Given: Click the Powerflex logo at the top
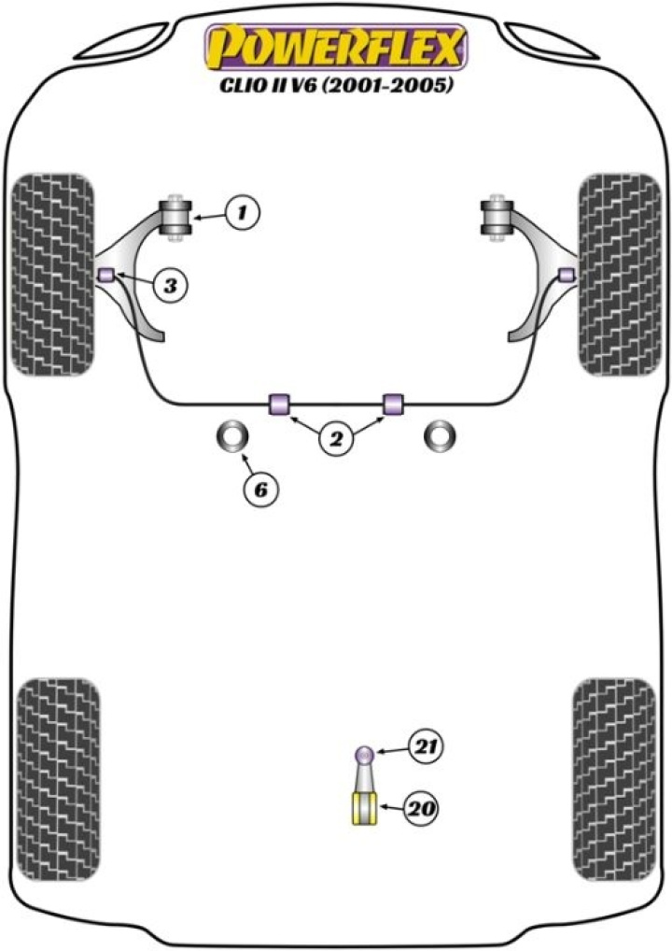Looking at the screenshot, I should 337,48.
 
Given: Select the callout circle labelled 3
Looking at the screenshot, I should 169,286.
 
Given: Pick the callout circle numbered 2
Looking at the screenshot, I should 337,437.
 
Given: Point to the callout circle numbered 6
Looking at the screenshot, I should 261,489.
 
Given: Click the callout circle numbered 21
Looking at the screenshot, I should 427,746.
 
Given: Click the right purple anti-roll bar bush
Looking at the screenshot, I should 395,403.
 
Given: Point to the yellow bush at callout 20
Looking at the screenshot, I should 363,808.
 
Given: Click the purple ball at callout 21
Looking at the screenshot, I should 365,754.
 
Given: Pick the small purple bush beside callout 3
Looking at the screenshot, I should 106,274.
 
